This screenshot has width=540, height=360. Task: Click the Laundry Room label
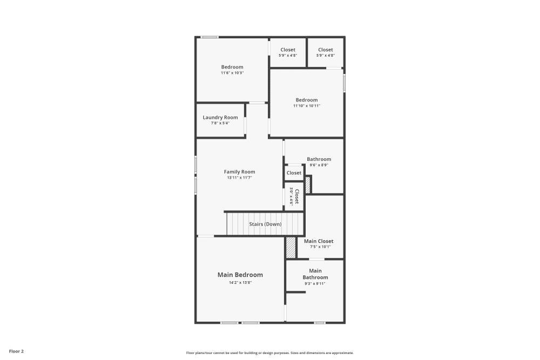220,118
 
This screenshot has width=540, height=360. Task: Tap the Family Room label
239,172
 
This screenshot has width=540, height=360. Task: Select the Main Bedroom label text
240,275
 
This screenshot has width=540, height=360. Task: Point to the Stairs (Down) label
265,224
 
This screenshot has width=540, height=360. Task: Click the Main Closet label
319,241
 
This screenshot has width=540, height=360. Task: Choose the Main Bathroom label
315,274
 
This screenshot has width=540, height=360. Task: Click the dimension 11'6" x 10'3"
232,73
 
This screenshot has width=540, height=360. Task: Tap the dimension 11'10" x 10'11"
307,106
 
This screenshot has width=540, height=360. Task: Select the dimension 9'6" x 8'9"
319,165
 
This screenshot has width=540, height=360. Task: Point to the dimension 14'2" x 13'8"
240,282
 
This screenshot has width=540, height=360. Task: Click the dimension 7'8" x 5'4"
220,123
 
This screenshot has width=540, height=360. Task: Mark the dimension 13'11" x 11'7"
239,178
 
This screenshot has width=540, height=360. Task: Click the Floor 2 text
16,351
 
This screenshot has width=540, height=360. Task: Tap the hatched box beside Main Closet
291,248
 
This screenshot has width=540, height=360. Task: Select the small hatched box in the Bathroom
308,185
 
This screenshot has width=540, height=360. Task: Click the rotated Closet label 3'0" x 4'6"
294,196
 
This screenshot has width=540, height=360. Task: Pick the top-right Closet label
326,50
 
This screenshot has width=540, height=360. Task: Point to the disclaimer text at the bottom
269,352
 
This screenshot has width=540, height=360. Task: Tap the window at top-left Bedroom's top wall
210,37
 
